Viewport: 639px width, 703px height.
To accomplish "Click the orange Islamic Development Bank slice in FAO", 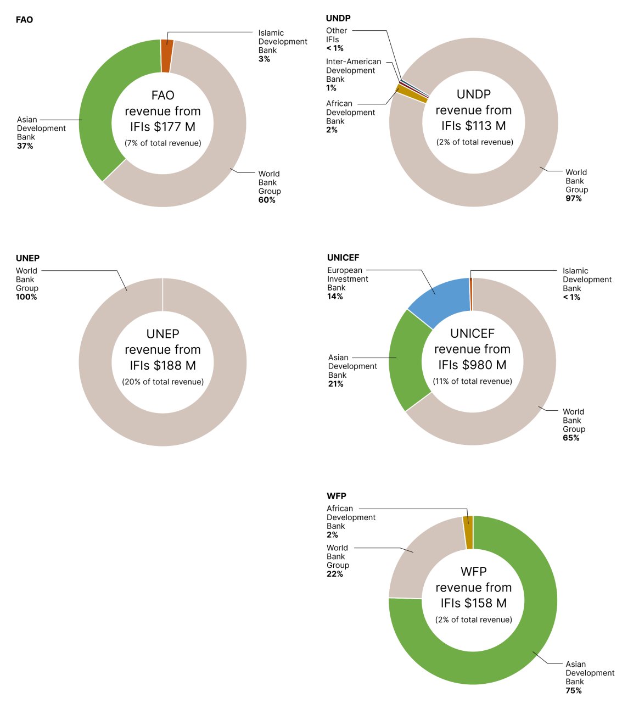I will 167,56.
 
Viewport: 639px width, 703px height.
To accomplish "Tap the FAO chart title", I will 24,20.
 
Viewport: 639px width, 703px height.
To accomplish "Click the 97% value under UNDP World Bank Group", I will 574,199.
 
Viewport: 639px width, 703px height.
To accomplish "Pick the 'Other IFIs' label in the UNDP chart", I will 336,35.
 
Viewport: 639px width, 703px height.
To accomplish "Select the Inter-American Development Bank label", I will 353,70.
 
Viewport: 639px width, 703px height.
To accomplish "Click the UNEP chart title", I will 27,258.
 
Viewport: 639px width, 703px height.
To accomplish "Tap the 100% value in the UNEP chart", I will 26,297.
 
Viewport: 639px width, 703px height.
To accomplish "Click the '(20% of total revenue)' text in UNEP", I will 162,382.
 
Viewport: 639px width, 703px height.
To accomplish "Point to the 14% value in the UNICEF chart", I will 335,297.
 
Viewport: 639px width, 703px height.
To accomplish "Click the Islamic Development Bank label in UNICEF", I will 586,280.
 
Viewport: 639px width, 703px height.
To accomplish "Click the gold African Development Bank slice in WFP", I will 468,532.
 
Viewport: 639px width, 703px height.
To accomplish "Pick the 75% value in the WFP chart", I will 574,691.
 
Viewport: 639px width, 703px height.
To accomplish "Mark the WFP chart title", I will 337,496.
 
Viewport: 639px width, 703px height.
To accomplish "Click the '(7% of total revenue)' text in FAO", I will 162,143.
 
